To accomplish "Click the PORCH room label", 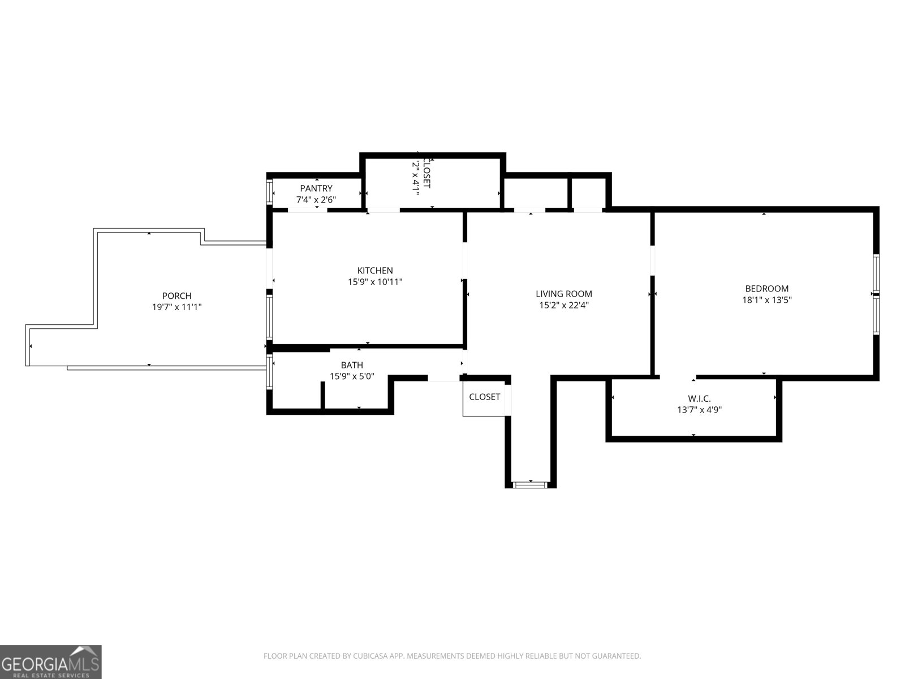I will click(x=176, y=296).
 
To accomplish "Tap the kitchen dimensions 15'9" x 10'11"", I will click(x=375, y=282).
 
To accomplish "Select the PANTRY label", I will click(x=316, y=188).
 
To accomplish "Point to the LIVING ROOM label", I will click(x=564, y=294).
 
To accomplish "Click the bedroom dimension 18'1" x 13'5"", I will click(x=766, y=300).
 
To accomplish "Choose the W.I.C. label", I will click(x=699, y=399).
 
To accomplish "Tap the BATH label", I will click(x=352, y=365).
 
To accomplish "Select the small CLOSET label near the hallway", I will click(x=484, y=397).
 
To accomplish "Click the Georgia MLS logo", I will click(x=50, y=662).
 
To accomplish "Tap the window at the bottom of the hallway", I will click(x=531, y=484).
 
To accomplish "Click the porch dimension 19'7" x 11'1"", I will click(x=176, y=307).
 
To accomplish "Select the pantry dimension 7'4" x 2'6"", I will click(x=316, y=200).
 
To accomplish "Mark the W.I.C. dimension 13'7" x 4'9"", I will click(x=699, y=410).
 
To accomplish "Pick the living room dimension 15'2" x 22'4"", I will click(x=564, y=306).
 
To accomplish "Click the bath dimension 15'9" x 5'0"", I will click(x=352, y=376).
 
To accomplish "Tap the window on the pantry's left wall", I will click(x=270, y=192).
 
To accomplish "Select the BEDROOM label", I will click(x=766, y=289).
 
